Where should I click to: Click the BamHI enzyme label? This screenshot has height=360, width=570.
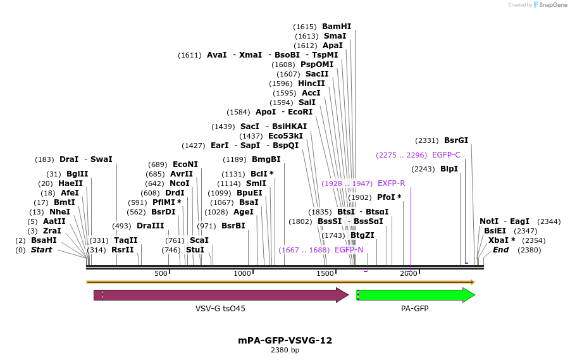[336, 27]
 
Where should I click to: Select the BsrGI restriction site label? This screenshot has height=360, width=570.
[456, 140]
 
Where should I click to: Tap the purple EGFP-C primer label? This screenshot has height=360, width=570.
[446, 154]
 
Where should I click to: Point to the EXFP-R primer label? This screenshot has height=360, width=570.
[391, 183]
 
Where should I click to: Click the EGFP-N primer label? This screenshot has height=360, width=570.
[349, 250]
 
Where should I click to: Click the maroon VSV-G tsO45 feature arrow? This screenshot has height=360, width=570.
[221, 295]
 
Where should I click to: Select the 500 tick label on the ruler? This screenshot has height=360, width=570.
[161, 273]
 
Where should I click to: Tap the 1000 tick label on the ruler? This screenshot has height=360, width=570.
[242, 273]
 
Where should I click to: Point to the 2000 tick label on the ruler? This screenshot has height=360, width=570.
[408, 273]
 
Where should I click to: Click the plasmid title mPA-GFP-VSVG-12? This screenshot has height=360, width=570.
[285, 340]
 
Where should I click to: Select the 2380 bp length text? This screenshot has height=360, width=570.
[285, 350]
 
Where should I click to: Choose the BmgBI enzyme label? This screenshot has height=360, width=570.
[266, 159]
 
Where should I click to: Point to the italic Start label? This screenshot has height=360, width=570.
[41, 250]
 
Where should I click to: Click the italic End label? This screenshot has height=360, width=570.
[500, 250]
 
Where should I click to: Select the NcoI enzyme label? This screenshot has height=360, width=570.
[180, 183]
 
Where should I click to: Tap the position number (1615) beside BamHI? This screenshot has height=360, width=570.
[305, 27]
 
